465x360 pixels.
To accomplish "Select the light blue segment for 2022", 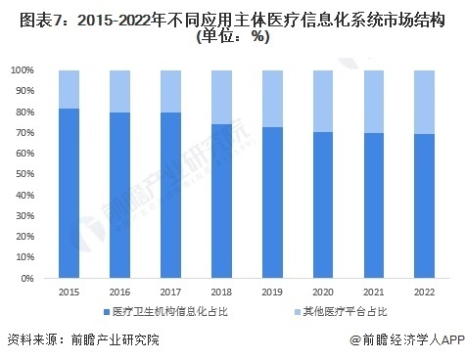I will coord(424,102).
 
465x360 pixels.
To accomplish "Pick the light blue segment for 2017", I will coord(170,91).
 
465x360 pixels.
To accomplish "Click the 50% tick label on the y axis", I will coord(25,174).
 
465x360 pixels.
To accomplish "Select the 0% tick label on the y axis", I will coord(28,278).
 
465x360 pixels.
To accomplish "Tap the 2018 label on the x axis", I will coord(221,292).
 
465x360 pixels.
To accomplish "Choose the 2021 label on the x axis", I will coord(373,292).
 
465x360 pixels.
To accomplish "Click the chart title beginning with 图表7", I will coord(232,16).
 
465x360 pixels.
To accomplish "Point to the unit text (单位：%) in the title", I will coord(232,36).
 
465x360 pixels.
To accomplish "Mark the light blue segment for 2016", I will coord(119,91).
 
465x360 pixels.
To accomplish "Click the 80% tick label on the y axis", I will coord(25,112).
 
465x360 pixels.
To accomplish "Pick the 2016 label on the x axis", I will coord(119,292).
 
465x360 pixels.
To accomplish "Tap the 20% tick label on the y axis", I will coord(25,237).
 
